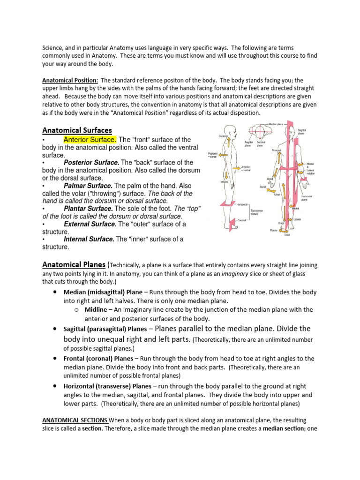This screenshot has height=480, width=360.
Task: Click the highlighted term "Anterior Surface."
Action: [x=90, y=140]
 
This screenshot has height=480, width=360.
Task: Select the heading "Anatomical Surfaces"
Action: [x=77, y=130]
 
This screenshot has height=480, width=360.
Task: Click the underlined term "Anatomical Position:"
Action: [x=70, y=81]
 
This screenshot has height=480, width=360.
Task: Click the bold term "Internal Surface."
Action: [x=89, y=239]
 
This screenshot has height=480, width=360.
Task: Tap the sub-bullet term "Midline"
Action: [x=97, y=310]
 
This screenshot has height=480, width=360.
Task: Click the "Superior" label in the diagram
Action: [x=223, y=136]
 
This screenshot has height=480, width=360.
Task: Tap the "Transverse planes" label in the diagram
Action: [x=257, y=212]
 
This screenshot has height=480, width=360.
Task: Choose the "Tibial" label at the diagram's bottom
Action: [x=287, y=234]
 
